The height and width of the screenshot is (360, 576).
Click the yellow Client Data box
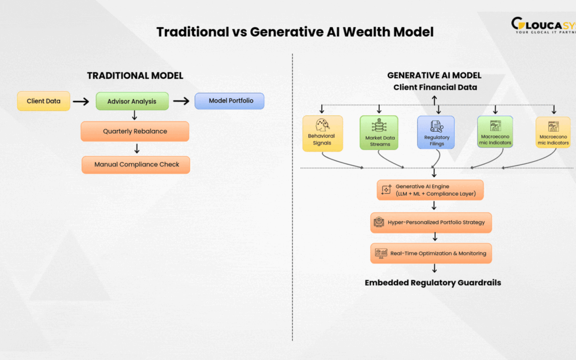click(44, 101)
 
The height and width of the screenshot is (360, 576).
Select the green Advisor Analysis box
click(132, 101)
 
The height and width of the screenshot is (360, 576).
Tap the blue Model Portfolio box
click(229, 101)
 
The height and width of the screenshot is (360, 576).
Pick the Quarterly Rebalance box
click(135, 131)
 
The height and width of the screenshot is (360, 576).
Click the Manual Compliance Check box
click(135, 164)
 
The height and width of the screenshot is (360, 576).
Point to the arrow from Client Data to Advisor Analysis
click(81, 101)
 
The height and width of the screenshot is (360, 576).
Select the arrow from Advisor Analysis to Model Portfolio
click(181, 101)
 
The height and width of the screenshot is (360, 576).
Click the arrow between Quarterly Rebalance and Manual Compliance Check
click(137, 149)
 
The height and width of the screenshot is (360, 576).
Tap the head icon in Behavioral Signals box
click(322, 124)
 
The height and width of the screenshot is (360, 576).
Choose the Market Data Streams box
click(379, 133)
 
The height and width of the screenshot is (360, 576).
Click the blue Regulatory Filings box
click(436, 132)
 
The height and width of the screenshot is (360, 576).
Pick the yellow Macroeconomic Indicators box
click(553, 132)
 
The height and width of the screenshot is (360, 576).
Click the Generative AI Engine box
click(430, 190)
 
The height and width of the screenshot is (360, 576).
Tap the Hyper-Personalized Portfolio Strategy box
click(431, 222)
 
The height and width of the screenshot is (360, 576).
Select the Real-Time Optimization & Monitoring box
click(431, 253)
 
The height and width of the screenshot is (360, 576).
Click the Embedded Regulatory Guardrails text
click(433, 283)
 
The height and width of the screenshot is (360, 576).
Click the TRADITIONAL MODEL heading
click(135, 76)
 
